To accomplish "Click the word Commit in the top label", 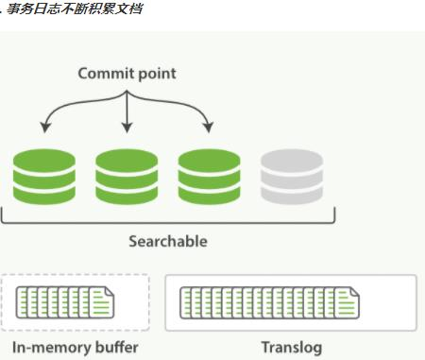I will (105, 73).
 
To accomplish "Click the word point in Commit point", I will (154, 74).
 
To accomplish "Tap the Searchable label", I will (167, 241).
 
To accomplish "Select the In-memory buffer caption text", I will (76, 348).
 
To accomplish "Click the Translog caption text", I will (290, 348).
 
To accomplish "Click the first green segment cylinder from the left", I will (44, 177).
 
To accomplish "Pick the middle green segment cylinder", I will (127, 177).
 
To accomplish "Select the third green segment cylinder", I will (209, 177).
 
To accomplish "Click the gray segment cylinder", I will (291, 177).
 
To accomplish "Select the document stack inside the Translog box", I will (270, 303).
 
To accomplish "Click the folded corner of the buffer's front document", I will (108, 291).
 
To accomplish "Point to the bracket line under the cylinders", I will (167, 222).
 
